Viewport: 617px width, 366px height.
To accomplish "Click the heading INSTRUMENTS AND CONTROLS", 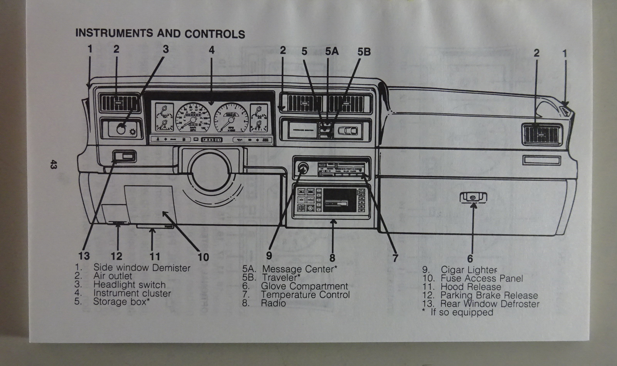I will (x=160, y=34).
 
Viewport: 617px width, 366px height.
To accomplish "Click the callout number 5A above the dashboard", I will (x=332, y=51).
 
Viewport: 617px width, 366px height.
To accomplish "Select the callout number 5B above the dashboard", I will (x=364, y=51).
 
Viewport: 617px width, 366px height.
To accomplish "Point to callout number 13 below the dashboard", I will (x=84, y=255).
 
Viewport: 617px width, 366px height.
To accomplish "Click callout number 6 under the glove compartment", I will (x=470, y=259).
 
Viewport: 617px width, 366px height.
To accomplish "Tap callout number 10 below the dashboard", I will (x=203, y=257).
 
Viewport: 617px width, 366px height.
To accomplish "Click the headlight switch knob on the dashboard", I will (x=121, y=129).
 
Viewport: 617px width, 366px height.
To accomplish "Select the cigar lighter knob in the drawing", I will (x=302, y=168).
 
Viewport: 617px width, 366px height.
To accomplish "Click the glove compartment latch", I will (x=473, y=197).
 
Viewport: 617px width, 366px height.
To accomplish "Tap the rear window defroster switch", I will (x=124, y=157).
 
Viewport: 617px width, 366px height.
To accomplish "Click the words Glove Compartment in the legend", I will (x=304, y=286).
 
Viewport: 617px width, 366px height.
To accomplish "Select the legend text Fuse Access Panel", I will (x=482, y=278).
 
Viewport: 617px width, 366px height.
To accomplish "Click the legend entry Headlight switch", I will (x=129, y=285).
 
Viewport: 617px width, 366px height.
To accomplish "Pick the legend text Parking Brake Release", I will (x=489, y=295).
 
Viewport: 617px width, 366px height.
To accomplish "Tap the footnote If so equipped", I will (x=461, y=312).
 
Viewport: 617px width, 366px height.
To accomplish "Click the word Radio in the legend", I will (x=273, y=303).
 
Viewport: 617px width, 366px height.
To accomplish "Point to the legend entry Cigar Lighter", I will (x=469, y=270).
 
